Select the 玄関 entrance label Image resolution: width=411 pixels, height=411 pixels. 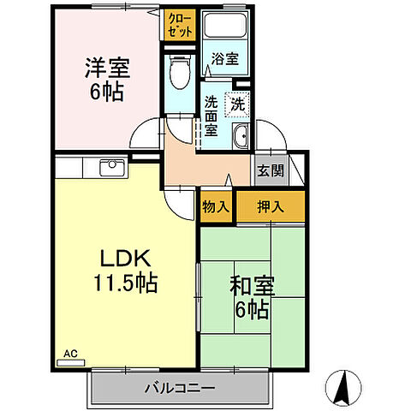click(271, 170)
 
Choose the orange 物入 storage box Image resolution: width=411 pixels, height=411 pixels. click(216, 206)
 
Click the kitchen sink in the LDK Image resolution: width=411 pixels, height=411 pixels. click(111, 166)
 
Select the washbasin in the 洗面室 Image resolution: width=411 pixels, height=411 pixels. click(241, 136)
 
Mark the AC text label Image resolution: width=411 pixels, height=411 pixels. click(70, 352)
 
